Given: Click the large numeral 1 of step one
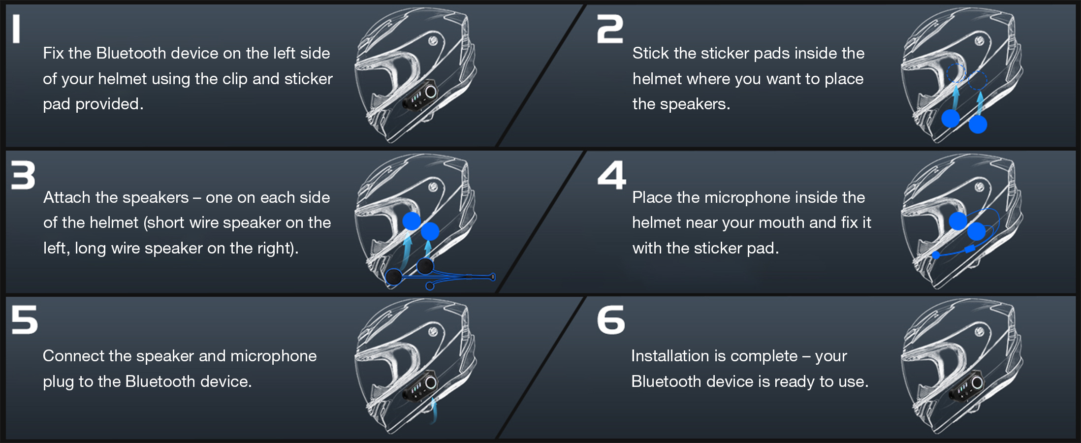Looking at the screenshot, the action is point(16,29).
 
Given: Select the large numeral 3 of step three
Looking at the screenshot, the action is point(23,175).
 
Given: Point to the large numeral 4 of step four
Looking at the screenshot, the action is point(611,175).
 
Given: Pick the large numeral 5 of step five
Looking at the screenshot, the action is point(24,320).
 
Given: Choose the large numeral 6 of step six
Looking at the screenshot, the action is point(611,320).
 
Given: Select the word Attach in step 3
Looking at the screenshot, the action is point(67,197).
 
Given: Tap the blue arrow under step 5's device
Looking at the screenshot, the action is point(434,410).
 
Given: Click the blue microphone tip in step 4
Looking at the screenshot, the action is point(936,255).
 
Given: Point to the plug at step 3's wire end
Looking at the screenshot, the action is point(492,277).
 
